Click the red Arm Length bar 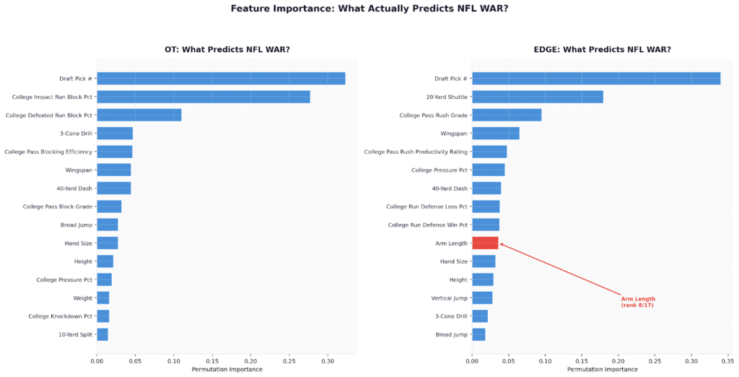coord(485,243)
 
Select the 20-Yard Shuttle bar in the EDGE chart coord(537,97)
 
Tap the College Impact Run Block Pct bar coord(204,97)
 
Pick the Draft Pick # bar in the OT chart coord(221,79)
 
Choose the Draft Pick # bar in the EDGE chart coord(595,79)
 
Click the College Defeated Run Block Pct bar coord(139,115)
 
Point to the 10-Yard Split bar coord(102,334)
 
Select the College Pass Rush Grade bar coord(507,115)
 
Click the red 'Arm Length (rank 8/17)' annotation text coord(637,302)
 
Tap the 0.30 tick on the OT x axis coord(327,360)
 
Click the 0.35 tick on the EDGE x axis coord(727,360)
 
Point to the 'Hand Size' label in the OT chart coord(79,243)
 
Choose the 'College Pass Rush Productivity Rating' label coord(416,152)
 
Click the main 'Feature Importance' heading coord(369,9)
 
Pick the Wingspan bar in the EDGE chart coord(495,134)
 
